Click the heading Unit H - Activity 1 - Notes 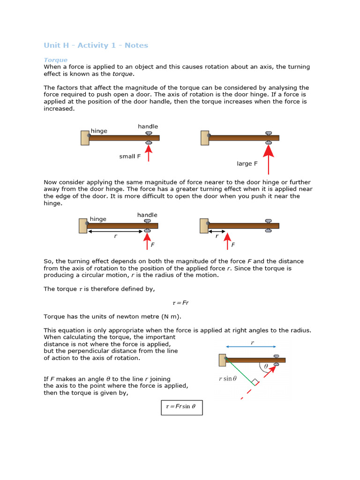click(96, 45)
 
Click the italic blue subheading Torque click(55, 60)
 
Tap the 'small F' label click(130, 157)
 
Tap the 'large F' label click(247, 164)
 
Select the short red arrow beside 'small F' click(149, 153)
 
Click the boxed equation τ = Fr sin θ click(181, 407)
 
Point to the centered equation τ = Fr click(180, 303)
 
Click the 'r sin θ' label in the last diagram click(228, 379)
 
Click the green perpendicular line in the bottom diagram click(240, 372)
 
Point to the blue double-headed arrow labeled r click(251, 347)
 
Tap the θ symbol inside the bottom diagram click(266, 367)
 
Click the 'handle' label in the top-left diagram click(148, 127)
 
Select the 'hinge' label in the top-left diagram click(99, 131)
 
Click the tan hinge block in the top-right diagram click(205, 138)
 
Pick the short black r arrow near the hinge click(217, 231)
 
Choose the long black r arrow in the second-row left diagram click(115, 231)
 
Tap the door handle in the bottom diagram click(276, 360)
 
